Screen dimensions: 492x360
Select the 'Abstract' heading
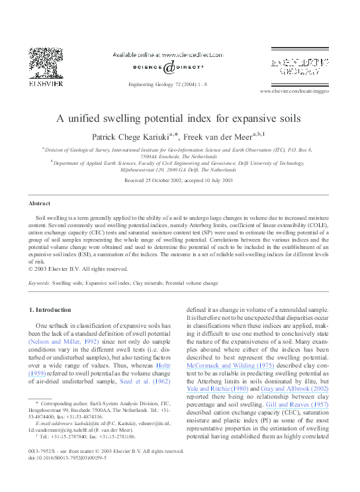pyautogui.click(x=39, y=203)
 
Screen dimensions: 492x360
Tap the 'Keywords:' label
pyautogui.click(x=41, y=282)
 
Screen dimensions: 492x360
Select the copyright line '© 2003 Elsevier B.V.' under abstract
pyautogui.click(x=78, y=269)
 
